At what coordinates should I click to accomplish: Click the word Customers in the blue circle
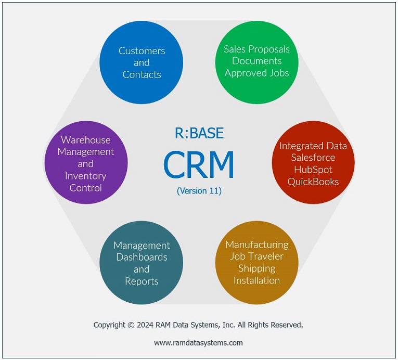142,51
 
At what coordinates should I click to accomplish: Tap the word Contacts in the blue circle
142,74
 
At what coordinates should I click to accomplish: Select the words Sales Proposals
256,49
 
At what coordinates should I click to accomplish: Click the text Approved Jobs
256,73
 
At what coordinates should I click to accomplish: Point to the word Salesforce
313,158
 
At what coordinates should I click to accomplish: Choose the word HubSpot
313,170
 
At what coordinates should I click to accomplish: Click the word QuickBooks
313,182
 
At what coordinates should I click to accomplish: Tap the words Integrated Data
313,146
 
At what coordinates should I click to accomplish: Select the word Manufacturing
257,245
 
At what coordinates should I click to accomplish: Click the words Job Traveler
256,256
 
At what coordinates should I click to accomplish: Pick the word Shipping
256,268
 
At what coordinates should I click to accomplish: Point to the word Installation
256,280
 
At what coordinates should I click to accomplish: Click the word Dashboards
142,257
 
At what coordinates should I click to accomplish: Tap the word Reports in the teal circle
142,281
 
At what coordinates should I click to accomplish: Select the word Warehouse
86,140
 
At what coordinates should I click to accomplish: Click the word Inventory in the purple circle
86,176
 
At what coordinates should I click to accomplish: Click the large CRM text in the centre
199,165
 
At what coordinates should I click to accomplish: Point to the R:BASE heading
199,133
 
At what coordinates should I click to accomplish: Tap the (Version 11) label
199,190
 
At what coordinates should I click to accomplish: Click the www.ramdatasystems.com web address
198,343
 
